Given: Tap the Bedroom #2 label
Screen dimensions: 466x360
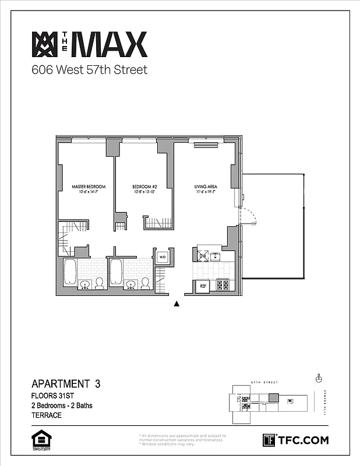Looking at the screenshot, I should pos(143,187).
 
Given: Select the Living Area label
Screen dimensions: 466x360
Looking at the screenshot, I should pos(205,187).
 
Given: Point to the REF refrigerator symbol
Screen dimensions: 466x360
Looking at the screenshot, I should pos(203,286).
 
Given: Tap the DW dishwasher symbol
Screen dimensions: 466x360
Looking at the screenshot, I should pos(203,256).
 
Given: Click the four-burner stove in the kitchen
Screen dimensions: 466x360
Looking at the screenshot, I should pos(223,285).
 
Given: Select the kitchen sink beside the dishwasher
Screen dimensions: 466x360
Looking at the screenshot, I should pos(215,256).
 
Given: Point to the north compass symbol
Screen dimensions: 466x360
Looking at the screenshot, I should pos(319,378).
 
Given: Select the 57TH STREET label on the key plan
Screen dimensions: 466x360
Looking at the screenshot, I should pos(263,382).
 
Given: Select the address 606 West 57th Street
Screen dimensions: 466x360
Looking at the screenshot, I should pos(89,70).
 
